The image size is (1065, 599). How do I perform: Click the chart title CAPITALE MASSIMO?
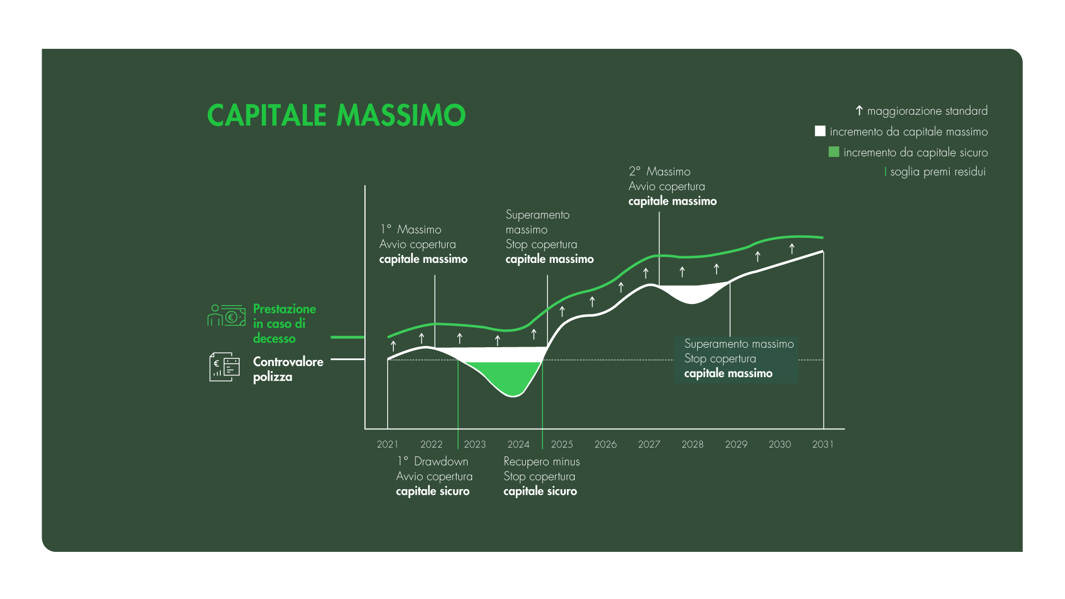pos(336,115)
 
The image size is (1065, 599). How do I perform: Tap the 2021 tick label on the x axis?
pos(388,444)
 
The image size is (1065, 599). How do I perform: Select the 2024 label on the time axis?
pos(519,444)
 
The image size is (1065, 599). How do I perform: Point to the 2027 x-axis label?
pos(649,444)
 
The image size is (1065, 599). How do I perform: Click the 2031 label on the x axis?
pos(823,444)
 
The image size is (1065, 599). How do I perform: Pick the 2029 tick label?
pos(736,444)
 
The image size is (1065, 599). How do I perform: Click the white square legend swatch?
pos(820,131)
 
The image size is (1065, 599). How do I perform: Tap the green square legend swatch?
pos(834,152)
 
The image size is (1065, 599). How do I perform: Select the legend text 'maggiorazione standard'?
pos(927,111)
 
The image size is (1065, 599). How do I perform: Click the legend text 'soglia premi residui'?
pos(938,172)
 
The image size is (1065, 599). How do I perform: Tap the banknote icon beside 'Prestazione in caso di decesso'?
pos(226,315)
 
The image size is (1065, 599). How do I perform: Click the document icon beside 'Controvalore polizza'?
pos(225,367)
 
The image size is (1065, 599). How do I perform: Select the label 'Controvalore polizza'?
pos(288,369)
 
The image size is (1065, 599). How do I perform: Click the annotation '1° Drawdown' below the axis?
pos(433,461)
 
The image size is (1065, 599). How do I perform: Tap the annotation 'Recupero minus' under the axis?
pos(541,461)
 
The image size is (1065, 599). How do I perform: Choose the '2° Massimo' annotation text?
pos(660,171)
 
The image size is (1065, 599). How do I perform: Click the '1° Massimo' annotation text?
pos(410,230)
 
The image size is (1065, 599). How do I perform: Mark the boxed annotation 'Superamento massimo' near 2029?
pos(739,344)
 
